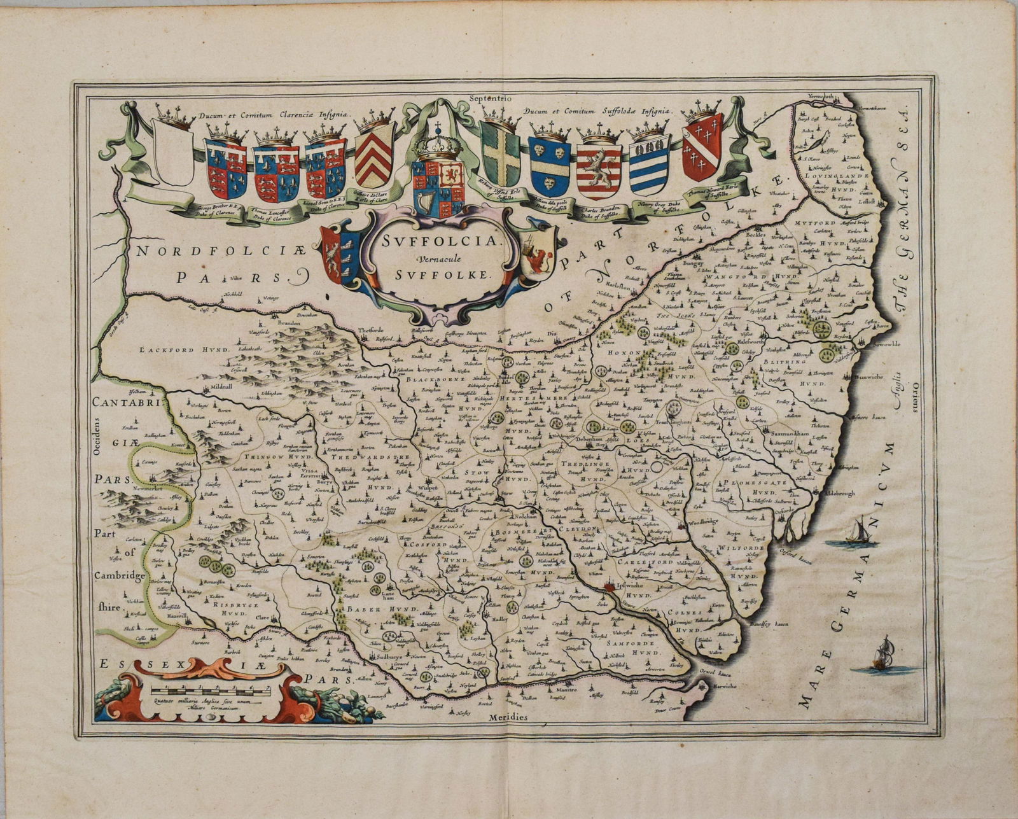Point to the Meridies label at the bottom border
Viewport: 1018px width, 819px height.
(510, 717)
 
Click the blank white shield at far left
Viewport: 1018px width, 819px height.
(173, 153)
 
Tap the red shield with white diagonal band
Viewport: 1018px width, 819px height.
(702, 148)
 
